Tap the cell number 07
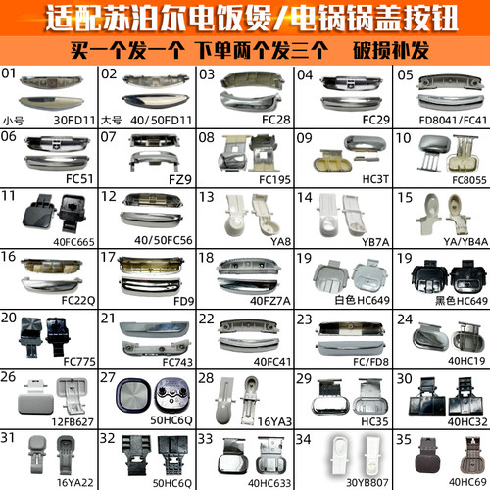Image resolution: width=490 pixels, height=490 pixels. tap(109, 140)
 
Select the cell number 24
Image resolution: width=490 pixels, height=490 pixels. tap(403, 319)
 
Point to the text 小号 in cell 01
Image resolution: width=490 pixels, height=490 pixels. tap(13, 120)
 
